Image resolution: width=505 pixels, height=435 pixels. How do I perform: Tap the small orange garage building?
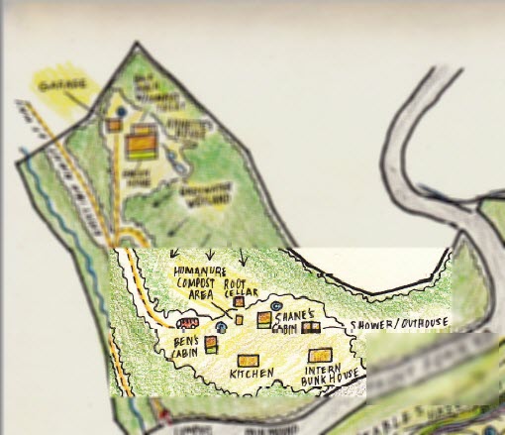[x=115, y=126]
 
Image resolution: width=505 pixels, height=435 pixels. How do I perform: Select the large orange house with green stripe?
[x=142, y=145]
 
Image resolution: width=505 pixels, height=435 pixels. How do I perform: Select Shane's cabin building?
[x=264, y=319]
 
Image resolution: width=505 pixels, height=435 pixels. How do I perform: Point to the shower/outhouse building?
[x=311, y=327]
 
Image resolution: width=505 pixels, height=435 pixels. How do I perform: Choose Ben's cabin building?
[x=211, y=342]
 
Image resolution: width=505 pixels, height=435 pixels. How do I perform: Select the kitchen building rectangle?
[x=248, y=359]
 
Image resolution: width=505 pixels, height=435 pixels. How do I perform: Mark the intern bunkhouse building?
[x=319, y=355]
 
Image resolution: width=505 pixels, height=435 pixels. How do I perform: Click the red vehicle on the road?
[x=185, y=322]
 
